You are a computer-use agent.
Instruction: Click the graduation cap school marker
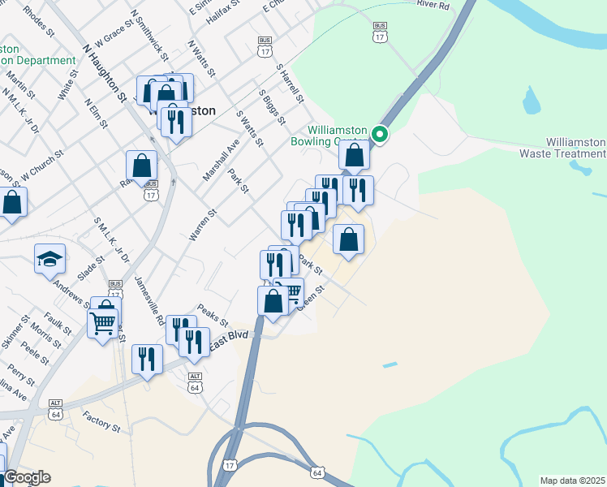click(50, 259)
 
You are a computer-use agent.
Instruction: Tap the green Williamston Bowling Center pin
click(379, 135)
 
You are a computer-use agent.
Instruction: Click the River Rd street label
click(433, 5)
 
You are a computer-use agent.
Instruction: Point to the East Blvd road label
click(228, 341)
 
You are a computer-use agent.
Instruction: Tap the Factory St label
click(101, 422)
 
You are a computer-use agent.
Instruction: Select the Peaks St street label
click(213, 316)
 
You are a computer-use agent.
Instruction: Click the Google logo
click(26, 477)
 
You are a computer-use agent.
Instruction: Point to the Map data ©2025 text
click(572, 481)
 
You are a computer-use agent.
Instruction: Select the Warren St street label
click(203, 224)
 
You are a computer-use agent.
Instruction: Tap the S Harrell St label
click(289, 84)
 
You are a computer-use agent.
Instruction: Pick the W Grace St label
click(113, 34)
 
